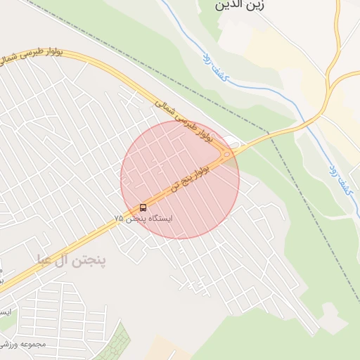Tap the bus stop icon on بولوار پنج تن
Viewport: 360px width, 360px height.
click(x=143, y=207)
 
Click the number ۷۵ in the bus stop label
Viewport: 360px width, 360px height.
click(x=119, y=219)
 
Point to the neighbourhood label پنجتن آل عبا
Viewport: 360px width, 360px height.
click(x=72, y=261)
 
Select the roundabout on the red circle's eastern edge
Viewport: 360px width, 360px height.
click(x=227, y=154)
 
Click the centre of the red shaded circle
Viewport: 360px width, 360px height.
click(x=180, y=179)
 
